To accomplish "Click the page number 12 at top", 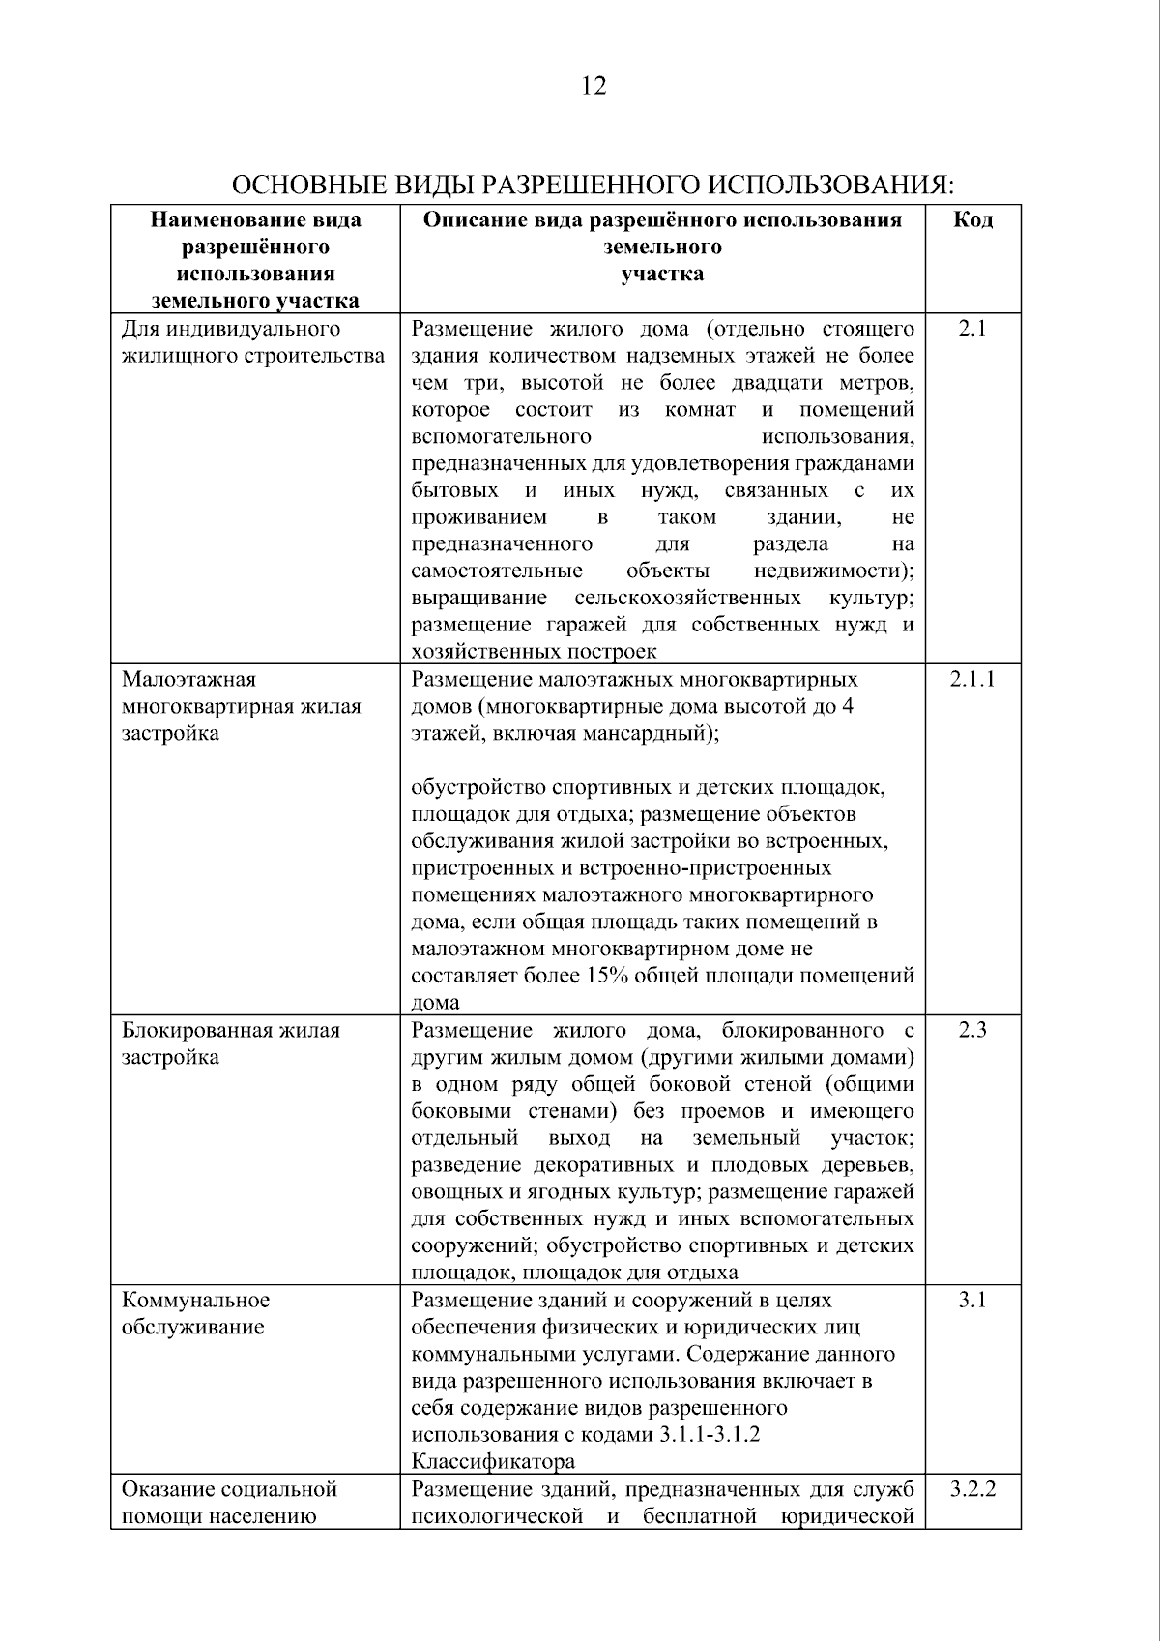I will [594, 87].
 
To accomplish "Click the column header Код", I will [972, 220].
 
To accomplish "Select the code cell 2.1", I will [972, 329].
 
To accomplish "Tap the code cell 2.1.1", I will [972, 679].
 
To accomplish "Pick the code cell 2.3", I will [972, 1030].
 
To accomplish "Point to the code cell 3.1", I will [972, 1300].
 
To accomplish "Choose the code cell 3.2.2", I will [972, 1488].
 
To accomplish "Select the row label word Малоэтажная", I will [188, 679].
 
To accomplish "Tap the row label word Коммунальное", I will [195, 1300].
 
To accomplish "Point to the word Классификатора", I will [493, 1461].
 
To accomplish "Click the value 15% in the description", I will [607, 975].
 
